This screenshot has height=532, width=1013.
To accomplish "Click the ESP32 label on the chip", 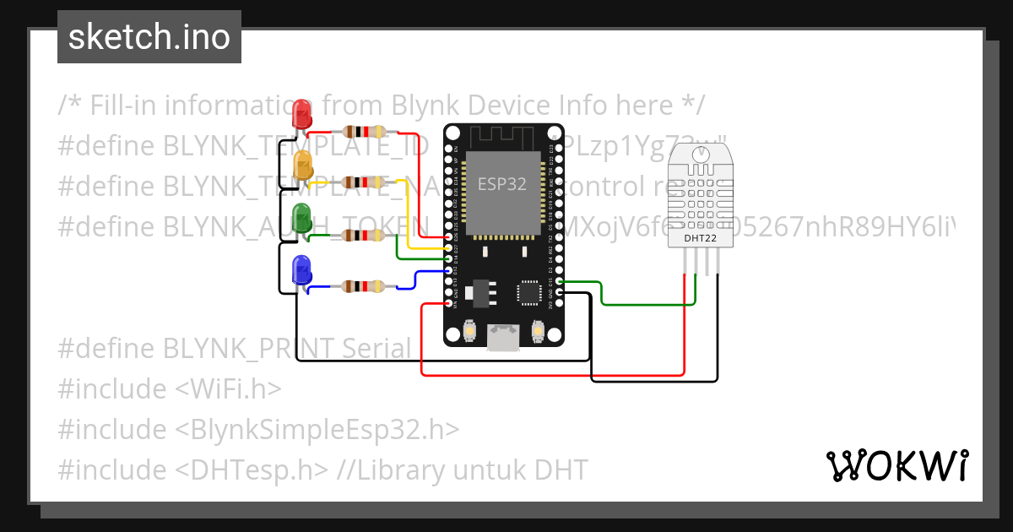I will coord(502,184).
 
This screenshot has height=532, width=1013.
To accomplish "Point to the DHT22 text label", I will coord(695,239).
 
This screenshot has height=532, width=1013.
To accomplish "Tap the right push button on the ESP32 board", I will coord(538,333).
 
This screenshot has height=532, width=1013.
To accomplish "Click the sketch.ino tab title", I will coord(149,37).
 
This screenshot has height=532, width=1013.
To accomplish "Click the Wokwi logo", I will coord(897,466).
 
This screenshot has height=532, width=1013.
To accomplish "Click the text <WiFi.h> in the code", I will coord(228,388).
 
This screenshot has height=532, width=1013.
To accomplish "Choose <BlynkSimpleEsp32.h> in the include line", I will coord(317,429).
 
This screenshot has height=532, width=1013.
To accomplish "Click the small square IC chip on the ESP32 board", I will coord(529,291).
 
